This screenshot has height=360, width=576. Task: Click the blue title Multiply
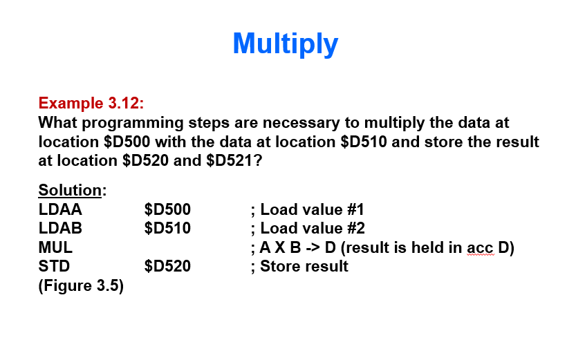pyautogui.click(x=286, y=44)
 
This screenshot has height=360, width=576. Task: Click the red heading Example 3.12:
pyautogui.click(x=91, y=104)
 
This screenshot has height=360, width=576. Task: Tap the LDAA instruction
pyautogui.click(x=60, y=209)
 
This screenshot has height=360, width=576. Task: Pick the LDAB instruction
pyautogui.click(x=60, y=228)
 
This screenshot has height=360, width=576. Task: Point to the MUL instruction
pyautogui.click(x=55, y=247)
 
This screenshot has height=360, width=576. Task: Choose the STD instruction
pyautogui.click(x=54, y=266)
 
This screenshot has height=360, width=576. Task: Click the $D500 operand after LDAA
pyautogui.click(x=167, y=209)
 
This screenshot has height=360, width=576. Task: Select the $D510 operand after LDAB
pyautogui.click(x=167, y=228)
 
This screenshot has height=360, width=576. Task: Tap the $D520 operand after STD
pyautogui.click(x=167, y=266)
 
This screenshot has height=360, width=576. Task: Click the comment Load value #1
pyautogui.click(x=312, y=209)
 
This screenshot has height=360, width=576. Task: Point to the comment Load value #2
pyautogui.click(x=312, y=228)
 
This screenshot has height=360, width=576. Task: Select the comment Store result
pyautogui.click(x=304, y=266)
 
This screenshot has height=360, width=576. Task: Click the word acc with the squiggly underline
pyautogui.click(x=480, y=247)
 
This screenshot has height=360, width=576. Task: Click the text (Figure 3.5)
pyautogui.click(x=81, y=285)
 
